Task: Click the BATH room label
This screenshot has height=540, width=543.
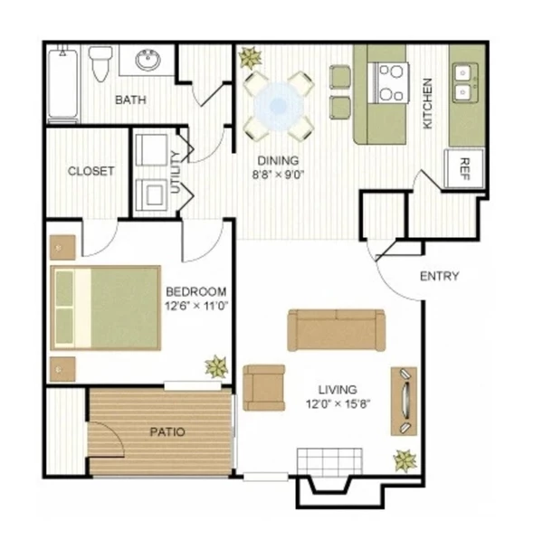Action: point(130,99)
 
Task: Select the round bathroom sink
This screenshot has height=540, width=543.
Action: point(148,62)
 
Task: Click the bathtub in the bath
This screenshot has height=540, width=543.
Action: point(64,83)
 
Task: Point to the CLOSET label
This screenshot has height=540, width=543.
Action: point(91,170)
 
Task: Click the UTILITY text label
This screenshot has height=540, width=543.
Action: point(176,172)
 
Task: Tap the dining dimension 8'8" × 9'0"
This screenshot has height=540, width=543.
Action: point(278,176)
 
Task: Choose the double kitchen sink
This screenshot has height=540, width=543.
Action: point(467,81)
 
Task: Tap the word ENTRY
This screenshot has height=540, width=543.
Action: point(440,276)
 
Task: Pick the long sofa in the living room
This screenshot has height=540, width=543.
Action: point(336,329)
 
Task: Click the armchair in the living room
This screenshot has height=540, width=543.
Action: point(263,386)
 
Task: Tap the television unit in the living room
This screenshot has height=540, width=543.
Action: point(404,401)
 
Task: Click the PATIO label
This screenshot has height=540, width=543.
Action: point(167,431)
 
